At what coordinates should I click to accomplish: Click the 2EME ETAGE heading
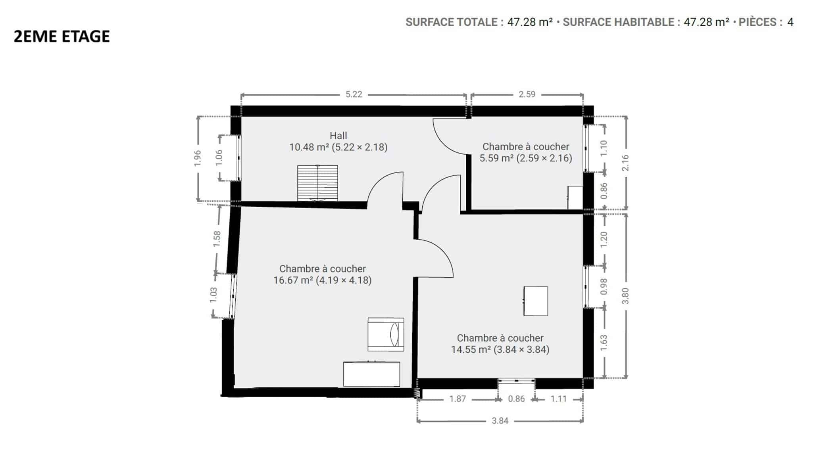tap(62, 36)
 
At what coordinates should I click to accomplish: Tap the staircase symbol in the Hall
tap(317, 183)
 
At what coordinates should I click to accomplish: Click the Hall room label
tap(338, 136)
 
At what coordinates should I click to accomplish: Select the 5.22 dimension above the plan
tap(354, 94)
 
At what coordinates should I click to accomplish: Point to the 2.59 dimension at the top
tap(527, 94)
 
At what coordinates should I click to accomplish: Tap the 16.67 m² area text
tap(293, 280)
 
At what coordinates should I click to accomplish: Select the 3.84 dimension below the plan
tap(500, 421)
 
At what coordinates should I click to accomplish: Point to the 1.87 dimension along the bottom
tap(458, 399)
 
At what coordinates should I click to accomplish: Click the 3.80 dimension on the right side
tap(625, 296)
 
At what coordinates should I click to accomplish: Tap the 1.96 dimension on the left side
tap(198, 158)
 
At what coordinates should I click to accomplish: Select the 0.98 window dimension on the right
tap(604, 286)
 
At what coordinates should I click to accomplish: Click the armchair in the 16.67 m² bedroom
tap(386, 334)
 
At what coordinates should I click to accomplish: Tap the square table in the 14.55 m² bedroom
tap(536, 301)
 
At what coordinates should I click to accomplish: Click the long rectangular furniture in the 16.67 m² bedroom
tap(371, 374)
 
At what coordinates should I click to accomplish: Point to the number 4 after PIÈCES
tap(790, 22)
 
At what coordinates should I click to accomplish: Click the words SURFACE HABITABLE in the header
tap(618, 22)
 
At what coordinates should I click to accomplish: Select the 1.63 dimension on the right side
tap(604, 343)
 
